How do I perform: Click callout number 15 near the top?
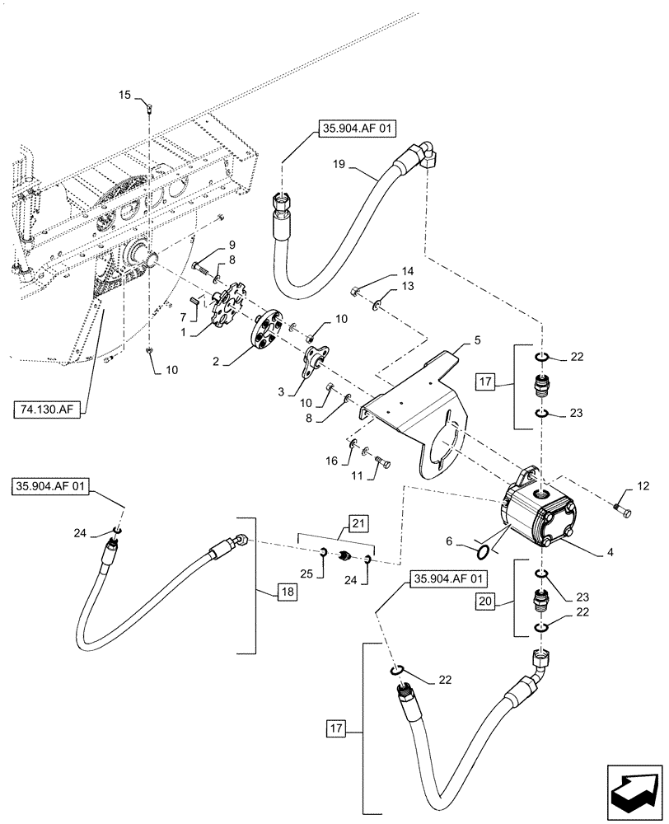coord(125,95)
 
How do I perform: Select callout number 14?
coord(384,270)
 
